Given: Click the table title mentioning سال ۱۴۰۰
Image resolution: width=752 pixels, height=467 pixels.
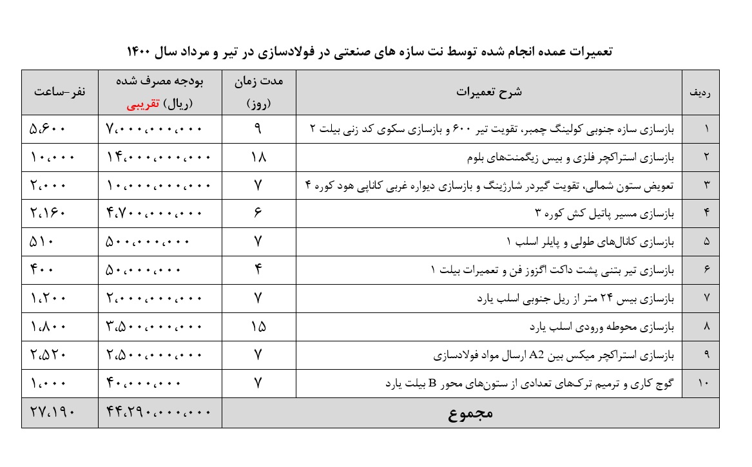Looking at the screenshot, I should (x=369, y=51).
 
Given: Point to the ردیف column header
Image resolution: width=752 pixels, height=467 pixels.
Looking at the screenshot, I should (x=700, y=92).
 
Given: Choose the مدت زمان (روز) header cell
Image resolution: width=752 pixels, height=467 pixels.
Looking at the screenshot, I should (x=258, y=92).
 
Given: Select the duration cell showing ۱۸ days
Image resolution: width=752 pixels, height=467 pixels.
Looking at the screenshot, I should (x=258, y=157).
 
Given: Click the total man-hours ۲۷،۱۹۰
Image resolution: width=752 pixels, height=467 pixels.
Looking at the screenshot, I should (x=53, y=413).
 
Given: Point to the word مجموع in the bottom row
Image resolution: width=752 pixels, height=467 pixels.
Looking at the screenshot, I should (x=470, y=414).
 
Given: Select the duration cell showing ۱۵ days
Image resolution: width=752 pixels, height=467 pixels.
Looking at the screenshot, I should (x=258, y=327).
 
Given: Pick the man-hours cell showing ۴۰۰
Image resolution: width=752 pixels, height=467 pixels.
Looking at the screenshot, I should (x=43, y=270).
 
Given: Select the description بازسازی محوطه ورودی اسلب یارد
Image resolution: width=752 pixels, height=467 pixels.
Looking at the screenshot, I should (x=601, y=327).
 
